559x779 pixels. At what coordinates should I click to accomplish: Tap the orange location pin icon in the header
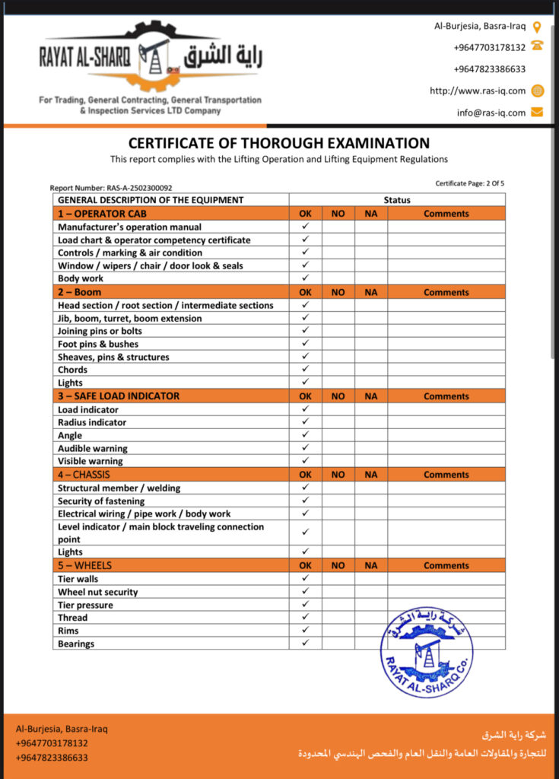point(537,27)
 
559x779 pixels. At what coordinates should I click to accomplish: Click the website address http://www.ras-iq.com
point(478,91)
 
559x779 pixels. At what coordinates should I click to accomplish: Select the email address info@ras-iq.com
point(491,113)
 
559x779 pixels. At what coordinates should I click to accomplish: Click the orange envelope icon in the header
point(537,113)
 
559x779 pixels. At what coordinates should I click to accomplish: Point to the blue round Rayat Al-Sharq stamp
point(427,652)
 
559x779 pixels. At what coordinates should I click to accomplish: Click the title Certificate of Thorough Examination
point(278,143)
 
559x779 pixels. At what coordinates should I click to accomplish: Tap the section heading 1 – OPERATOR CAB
point(91,214)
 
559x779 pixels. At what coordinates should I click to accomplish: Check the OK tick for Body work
point(305,278)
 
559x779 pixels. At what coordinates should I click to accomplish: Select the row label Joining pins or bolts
point(100,331)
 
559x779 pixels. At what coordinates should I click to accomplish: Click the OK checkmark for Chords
point(305,369)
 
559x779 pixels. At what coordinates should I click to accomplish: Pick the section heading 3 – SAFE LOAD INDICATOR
point(119,396)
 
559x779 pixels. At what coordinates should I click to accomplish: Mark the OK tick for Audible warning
point(305,448)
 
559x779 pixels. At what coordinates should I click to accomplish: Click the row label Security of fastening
point(101,501)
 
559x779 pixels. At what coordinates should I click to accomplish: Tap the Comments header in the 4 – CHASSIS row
point(446,475)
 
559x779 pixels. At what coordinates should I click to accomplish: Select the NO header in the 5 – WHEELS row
point(338,566)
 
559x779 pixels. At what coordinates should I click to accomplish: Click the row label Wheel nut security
point(98,592)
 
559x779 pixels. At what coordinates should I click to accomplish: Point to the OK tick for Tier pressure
point(305,605)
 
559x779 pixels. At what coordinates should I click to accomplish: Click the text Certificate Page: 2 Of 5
point(469,183)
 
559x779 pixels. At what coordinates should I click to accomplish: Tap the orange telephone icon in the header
point(537,46)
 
